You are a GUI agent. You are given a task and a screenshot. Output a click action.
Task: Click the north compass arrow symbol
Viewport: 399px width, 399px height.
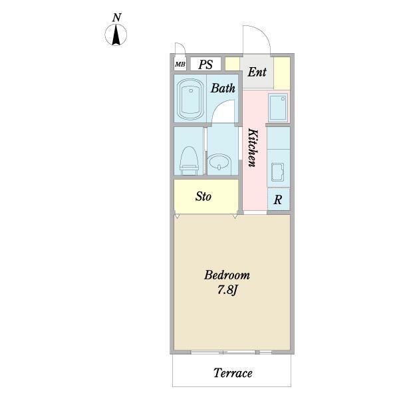116,35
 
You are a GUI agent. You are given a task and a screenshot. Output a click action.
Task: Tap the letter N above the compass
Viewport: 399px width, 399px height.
116,18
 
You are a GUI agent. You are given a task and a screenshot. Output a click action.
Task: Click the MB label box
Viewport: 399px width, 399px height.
180,65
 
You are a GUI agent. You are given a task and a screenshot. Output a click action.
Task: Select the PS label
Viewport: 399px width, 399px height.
205,65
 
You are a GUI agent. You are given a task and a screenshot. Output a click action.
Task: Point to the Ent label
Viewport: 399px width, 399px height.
257,72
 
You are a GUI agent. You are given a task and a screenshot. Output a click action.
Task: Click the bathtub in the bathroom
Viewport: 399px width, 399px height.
190,99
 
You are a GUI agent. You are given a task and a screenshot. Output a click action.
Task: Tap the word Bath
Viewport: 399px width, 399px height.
223,88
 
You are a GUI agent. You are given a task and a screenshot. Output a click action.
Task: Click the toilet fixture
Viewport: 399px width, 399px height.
189,160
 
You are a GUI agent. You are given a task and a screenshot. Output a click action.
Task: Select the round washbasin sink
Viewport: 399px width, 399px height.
219,162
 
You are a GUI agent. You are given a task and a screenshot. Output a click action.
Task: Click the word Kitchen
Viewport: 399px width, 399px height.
253,148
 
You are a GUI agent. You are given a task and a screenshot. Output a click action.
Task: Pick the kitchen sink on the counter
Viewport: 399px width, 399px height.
277,172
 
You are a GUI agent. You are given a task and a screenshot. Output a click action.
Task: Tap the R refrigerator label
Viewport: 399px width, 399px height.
277,199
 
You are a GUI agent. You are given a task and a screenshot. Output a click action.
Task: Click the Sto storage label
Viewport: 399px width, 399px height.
203,196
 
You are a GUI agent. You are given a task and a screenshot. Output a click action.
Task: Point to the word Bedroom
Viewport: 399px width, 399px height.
227,275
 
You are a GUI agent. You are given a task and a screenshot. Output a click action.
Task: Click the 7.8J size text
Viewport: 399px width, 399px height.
227,290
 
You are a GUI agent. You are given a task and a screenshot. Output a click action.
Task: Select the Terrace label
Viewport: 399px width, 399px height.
233,373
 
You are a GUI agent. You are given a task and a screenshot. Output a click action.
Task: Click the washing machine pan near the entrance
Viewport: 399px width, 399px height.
277,107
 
